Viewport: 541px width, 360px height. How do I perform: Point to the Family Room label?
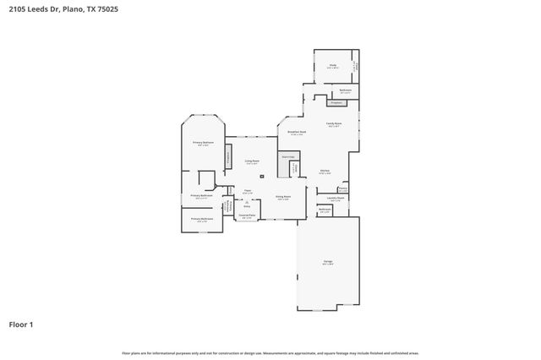333,123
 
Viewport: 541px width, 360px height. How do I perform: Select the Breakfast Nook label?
297,132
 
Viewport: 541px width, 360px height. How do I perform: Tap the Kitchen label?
323,172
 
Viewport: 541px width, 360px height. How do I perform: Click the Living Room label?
252,161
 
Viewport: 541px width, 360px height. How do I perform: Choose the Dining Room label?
283,198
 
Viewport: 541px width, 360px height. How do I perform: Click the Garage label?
326,262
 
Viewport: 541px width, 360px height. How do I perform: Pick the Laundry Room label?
336,198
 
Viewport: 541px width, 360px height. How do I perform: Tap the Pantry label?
342,188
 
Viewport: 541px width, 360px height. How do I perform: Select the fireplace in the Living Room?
227,155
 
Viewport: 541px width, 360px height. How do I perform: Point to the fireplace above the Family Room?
335,102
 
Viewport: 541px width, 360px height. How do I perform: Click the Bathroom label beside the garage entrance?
325,210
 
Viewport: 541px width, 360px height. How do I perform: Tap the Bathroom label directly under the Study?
345,90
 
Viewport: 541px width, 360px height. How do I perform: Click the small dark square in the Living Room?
262,176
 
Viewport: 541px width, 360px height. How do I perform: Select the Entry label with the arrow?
247,203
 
